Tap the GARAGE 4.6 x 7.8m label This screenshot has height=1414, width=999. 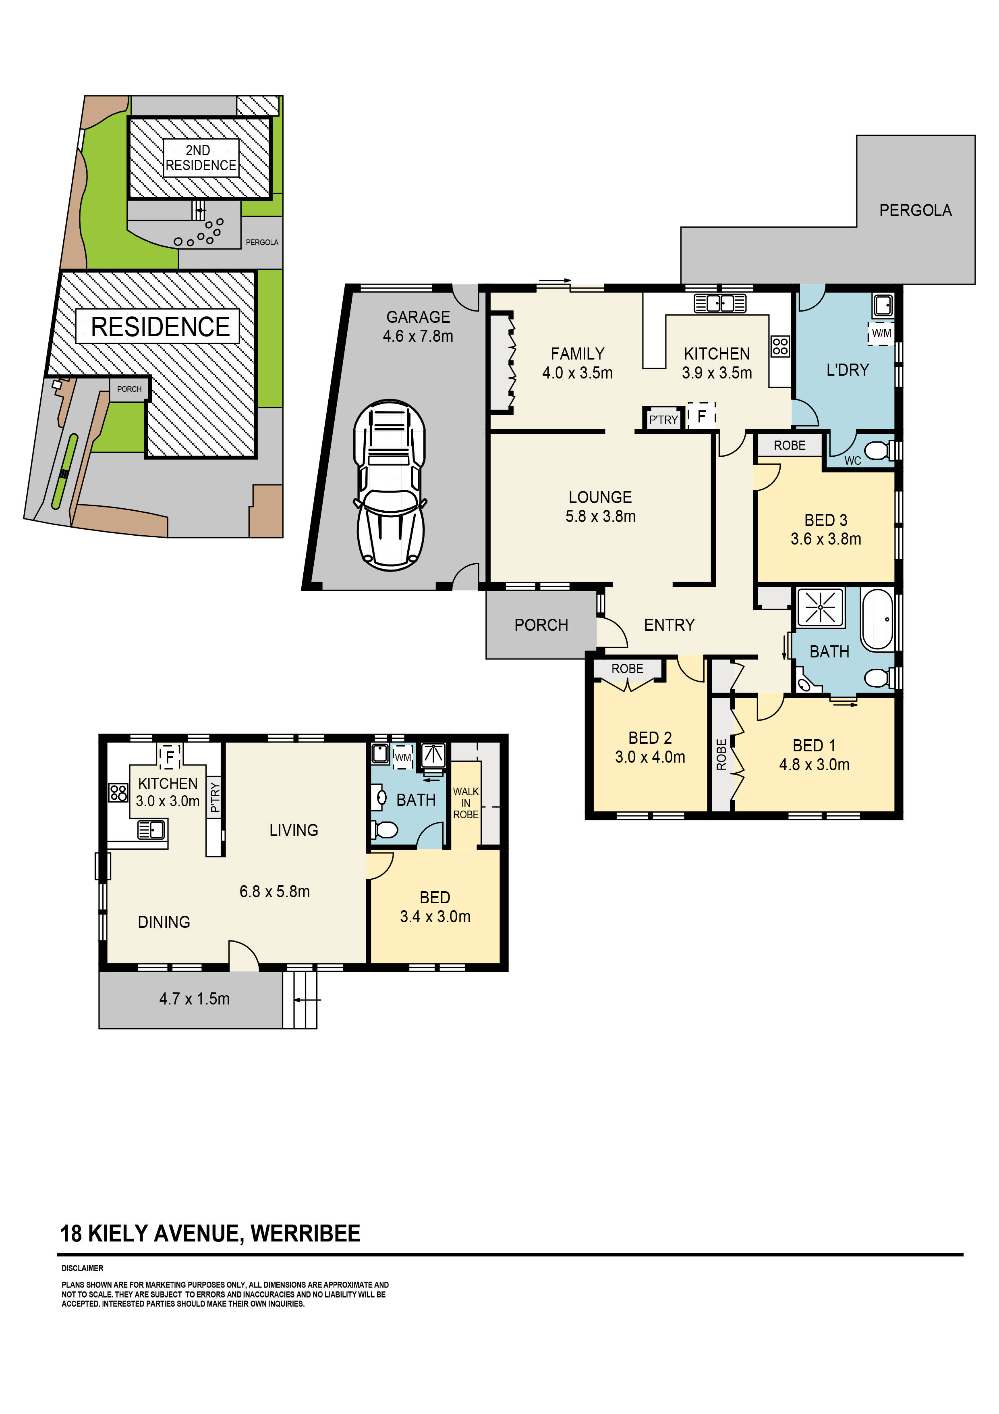click(418, 326)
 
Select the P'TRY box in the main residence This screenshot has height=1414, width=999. click(663, 419)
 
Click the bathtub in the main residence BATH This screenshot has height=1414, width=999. click(877, 620)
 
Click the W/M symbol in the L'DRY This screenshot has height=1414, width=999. click(881, 333)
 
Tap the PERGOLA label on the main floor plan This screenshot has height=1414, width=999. click(915, 211)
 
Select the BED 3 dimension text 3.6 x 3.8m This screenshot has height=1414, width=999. click(825, 539)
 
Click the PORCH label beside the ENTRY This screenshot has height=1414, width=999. click(541, 625)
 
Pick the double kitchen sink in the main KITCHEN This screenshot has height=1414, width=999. click(719, 304)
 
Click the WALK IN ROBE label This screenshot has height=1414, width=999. click(465, 803)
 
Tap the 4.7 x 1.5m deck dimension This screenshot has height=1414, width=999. click(195, 999)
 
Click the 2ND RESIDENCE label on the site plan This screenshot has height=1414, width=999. click(201, 158)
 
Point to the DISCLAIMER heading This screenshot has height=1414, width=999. click(83, 1268)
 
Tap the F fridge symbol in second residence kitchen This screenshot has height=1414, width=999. click(169, 756)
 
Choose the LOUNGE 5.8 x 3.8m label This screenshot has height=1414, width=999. click(600, 507)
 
